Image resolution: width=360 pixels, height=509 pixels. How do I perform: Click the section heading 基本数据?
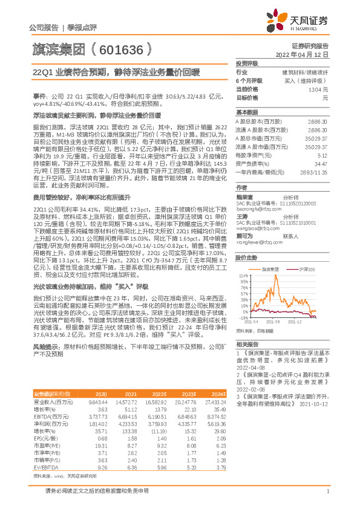point(246,112)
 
